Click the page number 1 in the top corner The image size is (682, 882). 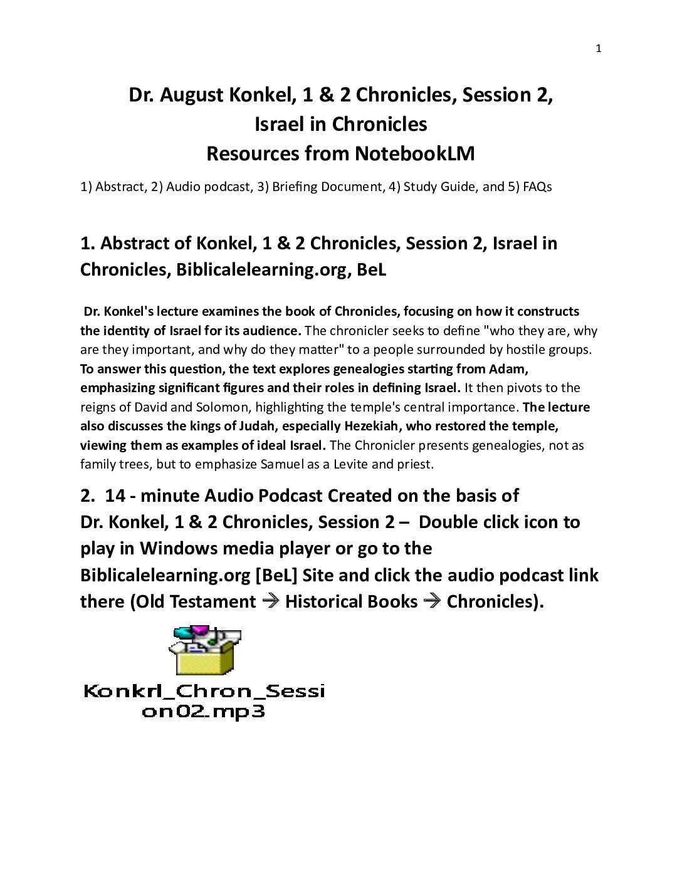coord(598,49)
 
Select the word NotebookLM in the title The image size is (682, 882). coord(414,153)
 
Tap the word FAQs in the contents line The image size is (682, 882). coord(537,187)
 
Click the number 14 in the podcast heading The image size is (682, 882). coord(115,495)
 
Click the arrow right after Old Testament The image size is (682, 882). coord(270,601)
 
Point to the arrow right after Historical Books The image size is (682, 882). coord(432,601)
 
